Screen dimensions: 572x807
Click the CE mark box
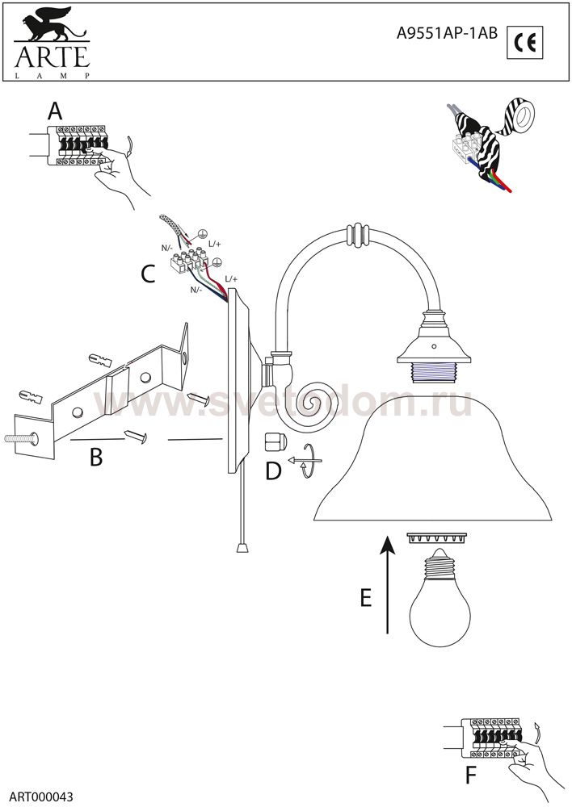pos(524,42)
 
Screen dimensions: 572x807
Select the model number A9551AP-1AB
pos(447,33)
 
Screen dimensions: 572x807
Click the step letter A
pos(55,111)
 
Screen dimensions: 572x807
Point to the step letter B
pos(96,457)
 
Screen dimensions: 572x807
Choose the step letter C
pos(148,274)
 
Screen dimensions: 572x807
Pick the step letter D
pos(273,470)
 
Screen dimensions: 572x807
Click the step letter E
pos(365,597)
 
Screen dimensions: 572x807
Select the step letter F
pos(469,776)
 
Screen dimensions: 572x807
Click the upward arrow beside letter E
pos(388,584)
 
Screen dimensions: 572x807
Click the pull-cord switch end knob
pos(242,546)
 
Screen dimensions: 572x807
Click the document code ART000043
pos(40,797)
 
